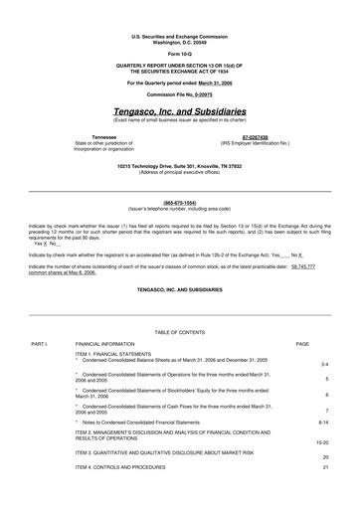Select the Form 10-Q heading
[x=180, y=53]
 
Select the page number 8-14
[x=323, y=423]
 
